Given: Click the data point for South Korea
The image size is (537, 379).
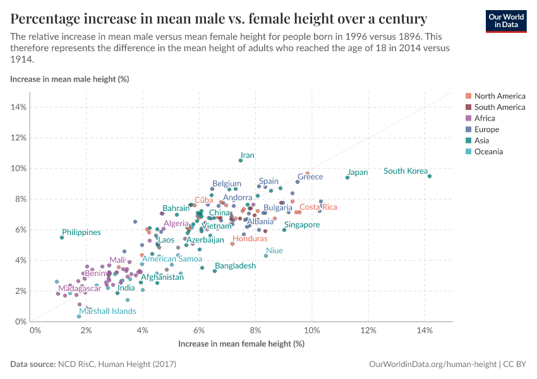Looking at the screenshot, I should (430, 176).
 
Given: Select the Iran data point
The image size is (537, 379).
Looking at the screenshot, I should (241, 160).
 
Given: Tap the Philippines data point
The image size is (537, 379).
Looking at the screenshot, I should (62, 238).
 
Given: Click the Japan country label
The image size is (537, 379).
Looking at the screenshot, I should (358, 172).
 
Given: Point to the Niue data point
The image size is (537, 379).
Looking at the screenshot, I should (266, 256).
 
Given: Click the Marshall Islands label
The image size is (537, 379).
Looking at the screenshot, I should (108, 311).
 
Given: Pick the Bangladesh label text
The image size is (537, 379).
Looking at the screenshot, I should (235, 266).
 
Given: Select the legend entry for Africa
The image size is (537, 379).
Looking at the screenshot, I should (486, 118).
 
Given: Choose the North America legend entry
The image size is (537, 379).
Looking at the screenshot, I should (499, 96).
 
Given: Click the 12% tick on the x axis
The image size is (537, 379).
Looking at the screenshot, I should (368, 331).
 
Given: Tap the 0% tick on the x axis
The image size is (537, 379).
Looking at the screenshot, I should (35, 331).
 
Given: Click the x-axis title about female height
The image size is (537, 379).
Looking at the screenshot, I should (241, 344).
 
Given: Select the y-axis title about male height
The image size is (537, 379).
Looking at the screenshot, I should (70, 79).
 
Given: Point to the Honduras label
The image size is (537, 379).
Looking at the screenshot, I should (250, 239).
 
